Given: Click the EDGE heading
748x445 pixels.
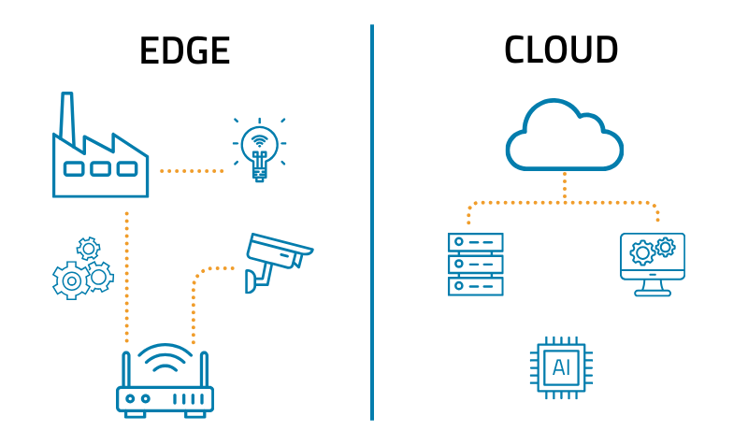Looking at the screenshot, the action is click(x=184, y=50).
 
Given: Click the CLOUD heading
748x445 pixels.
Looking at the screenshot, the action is click(x=561, y=50).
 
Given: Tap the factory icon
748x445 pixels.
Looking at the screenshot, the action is click(x=100, y=154).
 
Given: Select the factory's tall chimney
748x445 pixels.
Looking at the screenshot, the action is click(x=67, y=117).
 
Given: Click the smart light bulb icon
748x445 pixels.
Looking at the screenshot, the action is click(x=259, y=150).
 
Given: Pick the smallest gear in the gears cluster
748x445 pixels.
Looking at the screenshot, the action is click(x=88, y=249).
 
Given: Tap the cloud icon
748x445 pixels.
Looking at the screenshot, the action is click(x=565, y=138).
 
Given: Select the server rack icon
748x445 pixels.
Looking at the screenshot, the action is click(x=475, y=265).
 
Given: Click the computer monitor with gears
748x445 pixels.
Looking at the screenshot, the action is click(x=653, y=262).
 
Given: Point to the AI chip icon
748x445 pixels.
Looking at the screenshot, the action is click(x=562, y=366).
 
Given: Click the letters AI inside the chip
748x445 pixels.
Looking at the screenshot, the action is click(x=562, y=366).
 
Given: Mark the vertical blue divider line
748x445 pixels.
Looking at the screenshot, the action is click(x=372, y=224).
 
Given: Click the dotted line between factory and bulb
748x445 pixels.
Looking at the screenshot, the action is click(x=192, y=171).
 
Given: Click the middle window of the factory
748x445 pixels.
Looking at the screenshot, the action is click(x=100, y=169).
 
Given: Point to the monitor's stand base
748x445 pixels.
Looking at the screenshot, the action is click(x=653, y=293).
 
